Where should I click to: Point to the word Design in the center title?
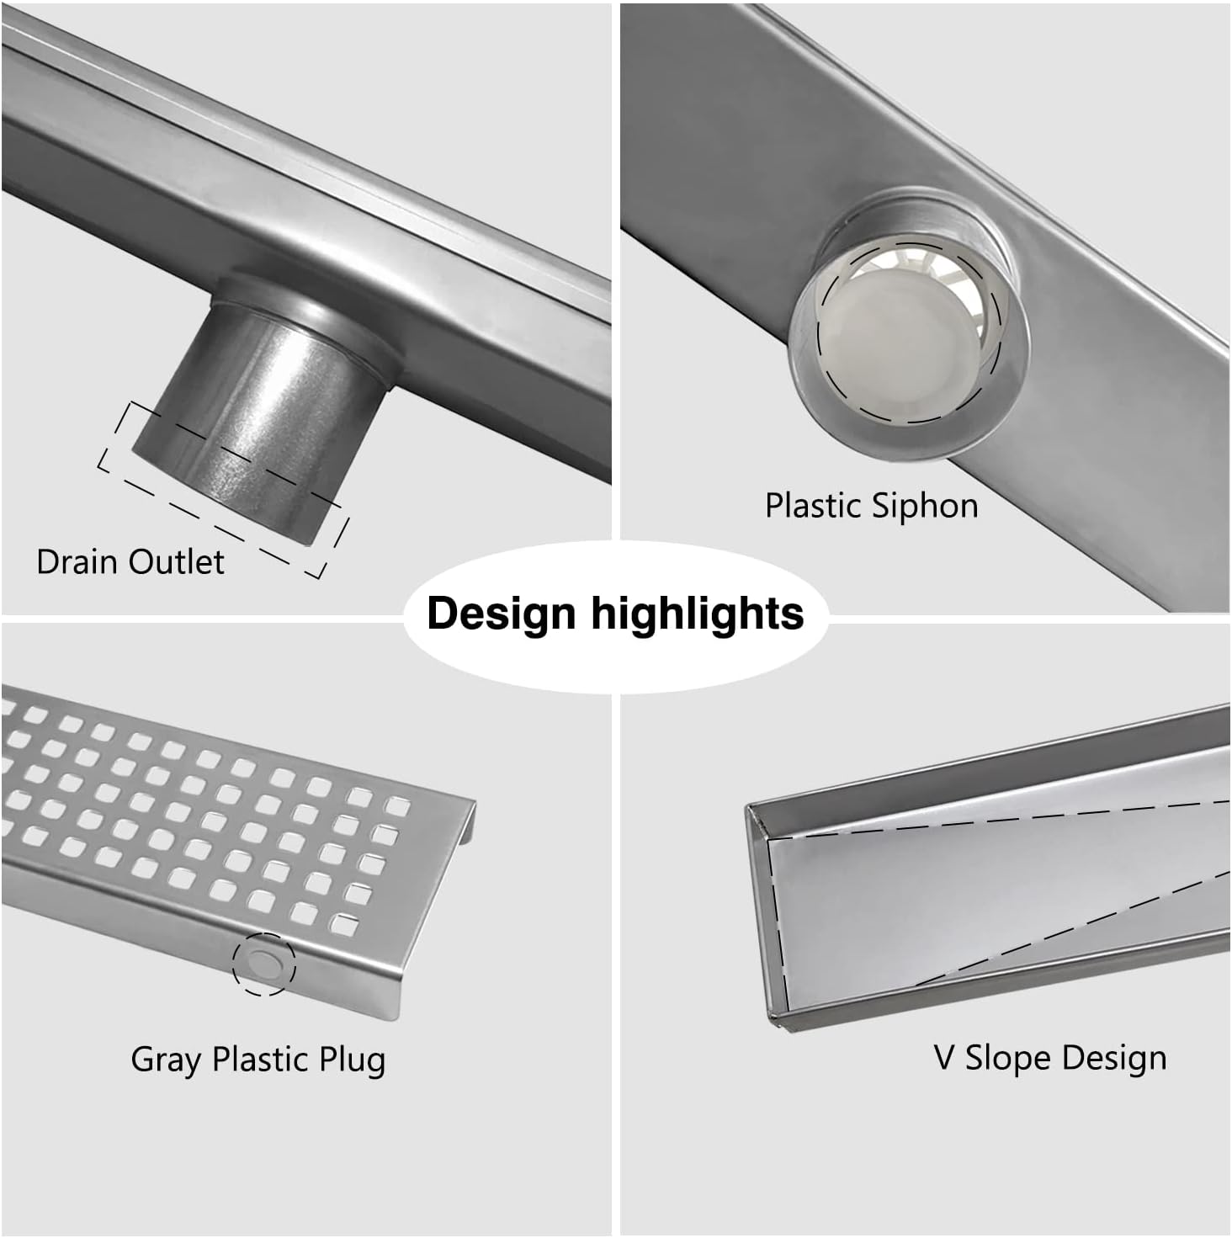point(502,613)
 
